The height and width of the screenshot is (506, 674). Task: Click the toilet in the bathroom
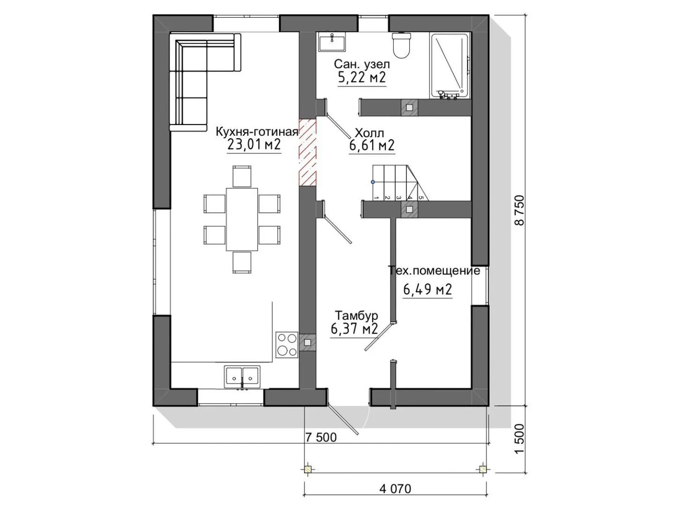click(401, 45)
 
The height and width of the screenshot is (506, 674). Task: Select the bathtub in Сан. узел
click(449, 66)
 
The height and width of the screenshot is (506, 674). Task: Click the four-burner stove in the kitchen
click(287, 344)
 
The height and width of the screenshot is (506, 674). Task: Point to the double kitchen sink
click(242, 377)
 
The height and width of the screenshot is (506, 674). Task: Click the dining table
click(242, 219)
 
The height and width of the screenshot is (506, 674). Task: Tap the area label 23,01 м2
click(254, 144)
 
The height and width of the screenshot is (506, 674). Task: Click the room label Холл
click(369, 133)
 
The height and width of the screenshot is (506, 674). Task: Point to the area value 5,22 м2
click(362, 78)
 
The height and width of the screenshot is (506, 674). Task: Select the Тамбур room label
click(356, 315)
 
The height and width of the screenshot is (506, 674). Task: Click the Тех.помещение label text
click(434, 271)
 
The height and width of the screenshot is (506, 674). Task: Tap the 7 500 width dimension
click(321, 437)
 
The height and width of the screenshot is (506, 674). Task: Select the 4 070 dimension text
click(395, 489)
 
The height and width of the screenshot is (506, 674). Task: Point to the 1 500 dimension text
click(519, 439)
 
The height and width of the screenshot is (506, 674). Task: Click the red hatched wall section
click(307, 152)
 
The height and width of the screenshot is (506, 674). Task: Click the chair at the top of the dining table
click(242, 177)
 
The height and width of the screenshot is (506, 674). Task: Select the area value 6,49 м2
click(427, 290)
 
